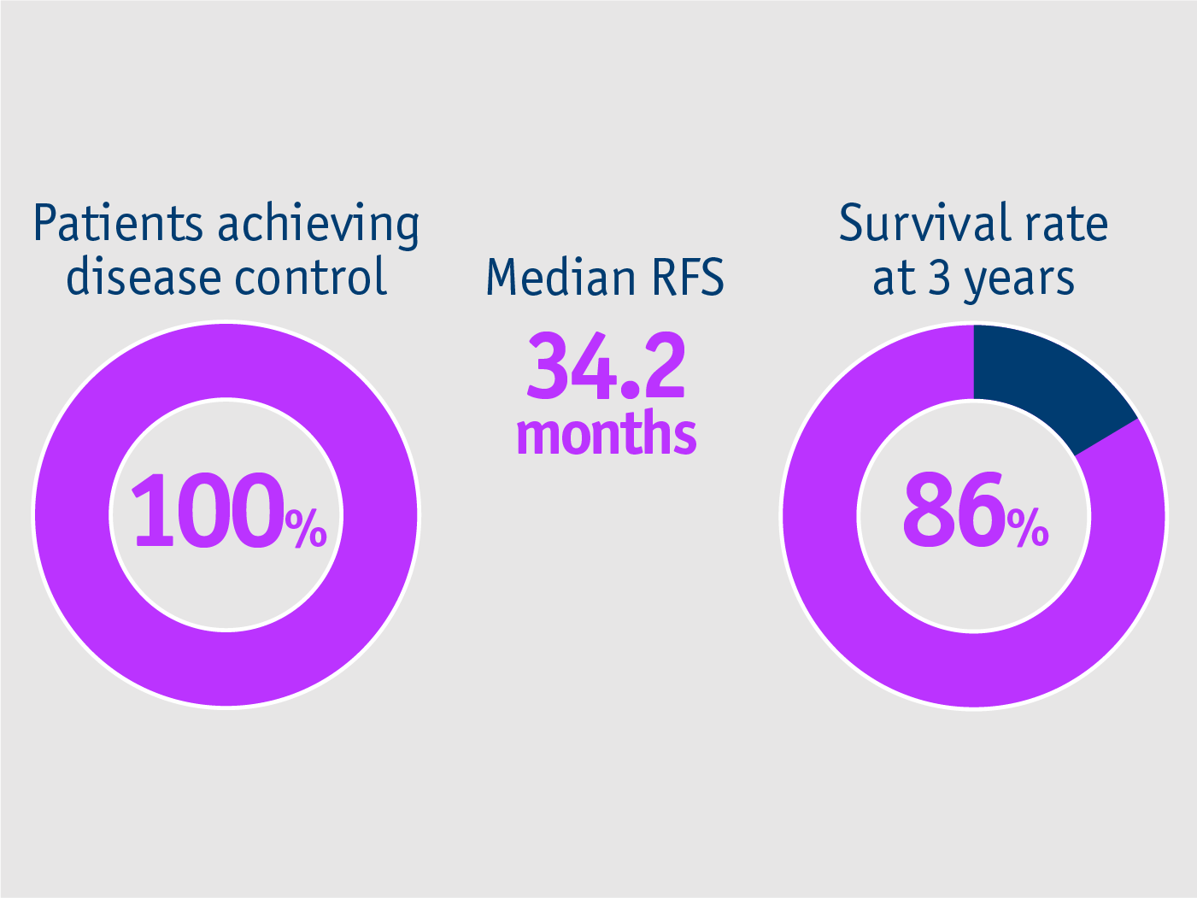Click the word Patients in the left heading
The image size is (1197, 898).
point(118,224)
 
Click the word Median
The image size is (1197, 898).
point(560,278)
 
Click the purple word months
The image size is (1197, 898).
point(606,433)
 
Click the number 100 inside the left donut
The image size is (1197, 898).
point(208,511)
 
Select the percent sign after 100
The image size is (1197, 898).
point(306,528)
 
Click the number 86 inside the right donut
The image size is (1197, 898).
point(953,511)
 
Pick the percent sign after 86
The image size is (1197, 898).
point(1028,528)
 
